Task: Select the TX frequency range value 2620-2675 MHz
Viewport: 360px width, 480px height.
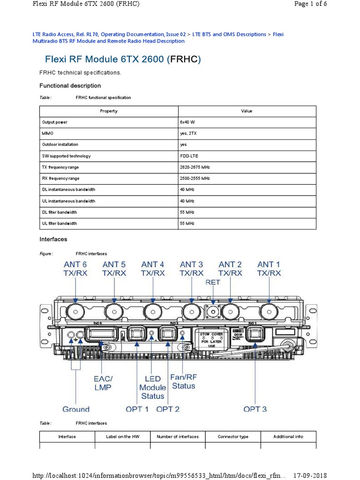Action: [x=195, y=167]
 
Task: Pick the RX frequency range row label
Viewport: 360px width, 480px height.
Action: [x=61, y=179]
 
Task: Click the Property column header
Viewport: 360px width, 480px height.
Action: [x=109, y=111]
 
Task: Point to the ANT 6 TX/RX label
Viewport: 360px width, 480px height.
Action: [x=75, y=269]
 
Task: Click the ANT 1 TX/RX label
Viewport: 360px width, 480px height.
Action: [x=269, y=269]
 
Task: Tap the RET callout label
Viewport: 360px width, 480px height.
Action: [x=213, y=283]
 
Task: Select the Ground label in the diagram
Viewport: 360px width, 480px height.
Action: [x=76, y=409]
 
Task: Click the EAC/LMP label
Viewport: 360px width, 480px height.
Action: [x=103, y=383]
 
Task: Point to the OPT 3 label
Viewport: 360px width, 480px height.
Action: [x=255, y=409]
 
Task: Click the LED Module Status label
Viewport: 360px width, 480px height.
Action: [x=153, y=387]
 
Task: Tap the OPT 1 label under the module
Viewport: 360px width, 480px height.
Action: [x=137, y=409]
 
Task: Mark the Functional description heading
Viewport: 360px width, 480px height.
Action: [x=70, y=86]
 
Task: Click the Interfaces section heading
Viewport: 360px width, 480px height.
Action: [x=53, y=239]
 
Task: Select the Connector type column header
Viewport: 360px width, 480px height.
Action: [x=233, y=436]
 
